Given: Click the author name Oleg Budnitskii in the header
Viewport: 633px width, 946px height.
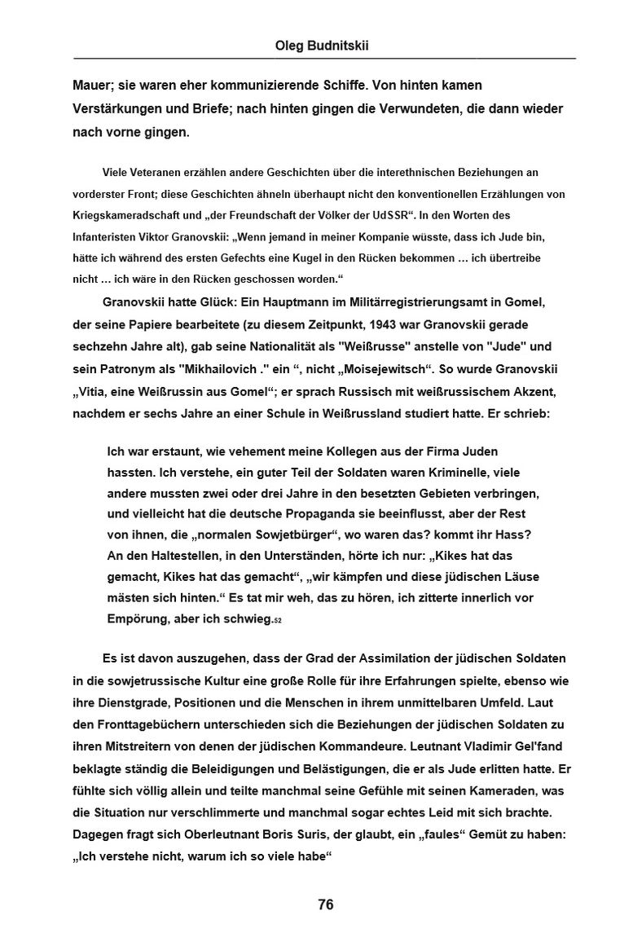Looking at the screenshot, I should coord(322,46).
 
